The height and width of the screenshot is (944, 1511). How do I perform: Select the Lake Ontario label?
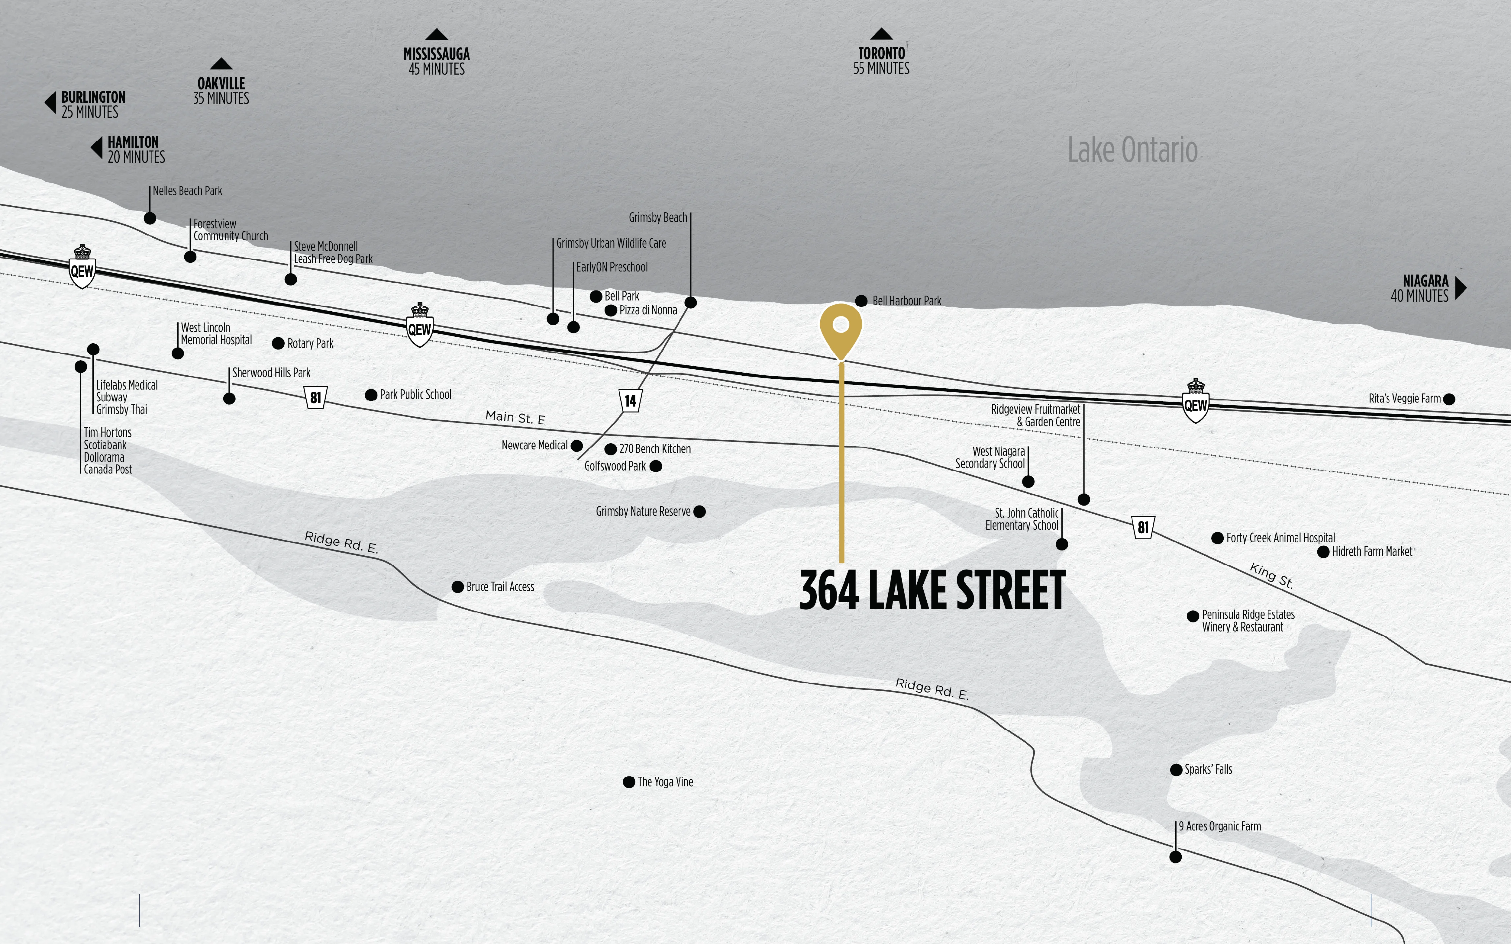pos(1132,150)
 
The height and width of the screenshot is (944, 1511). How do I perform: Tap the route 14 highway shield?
pos(630,400)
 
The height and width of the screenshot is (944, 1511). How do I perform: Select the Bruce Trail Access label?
pos(500,587)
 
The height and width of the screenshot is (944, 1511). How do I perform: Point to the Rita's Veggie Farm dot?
pos(1449,399)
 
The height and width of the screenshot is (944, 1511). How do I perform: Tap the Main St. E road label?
pos(515,418)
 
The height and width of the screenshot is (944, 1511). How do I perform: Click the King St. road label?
pos(1271,576)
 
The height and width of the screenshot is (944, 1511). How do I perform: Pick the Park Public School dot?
pos(371,395)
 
